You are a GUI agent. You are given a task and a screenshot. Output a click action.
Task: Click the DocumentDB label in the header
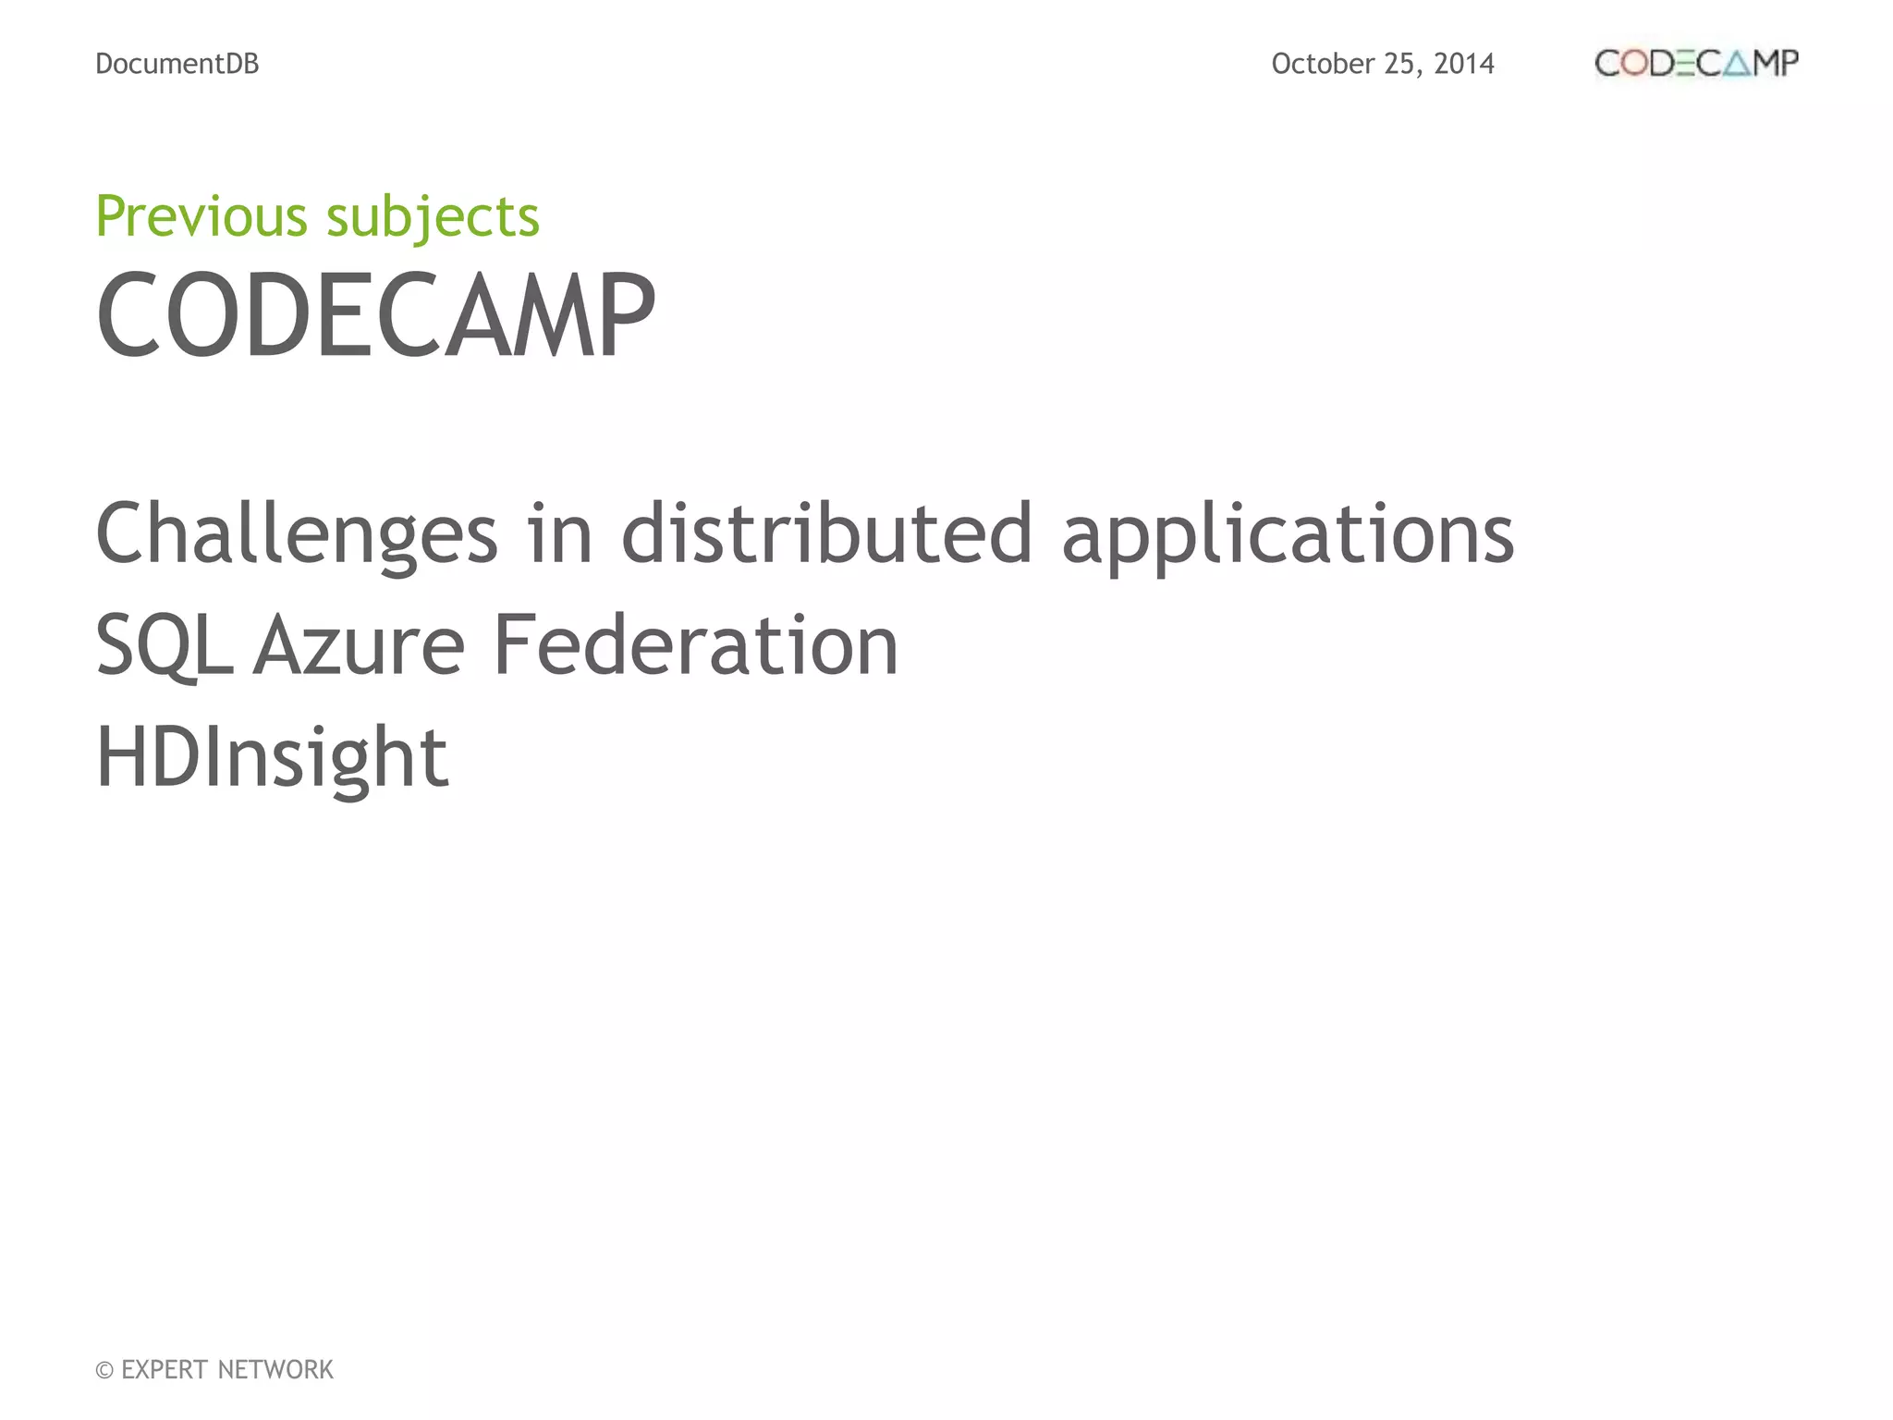(177, 64)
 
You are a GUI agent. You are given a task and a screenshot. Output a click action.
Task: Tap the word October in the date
(1323, 64)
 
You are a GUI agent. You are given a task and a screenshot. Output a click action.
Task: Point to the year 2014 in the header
(1464, 64)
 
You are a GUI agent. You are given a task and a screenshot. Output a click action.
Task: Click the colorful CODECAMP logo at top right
(1696, 64)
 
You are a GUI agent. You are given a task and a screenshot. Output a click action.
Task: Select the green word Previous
(202, 216)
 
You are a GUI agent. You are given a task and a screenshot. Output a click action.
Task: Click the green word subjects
(433, 218)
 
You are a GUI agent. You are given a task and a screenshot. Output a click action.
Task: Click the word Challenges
(297, 534)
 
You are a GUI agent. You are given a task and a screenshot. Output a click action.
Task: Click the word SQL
(164, 645)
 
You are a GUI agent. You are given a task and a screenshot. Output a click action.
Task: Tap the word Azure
(359, 645)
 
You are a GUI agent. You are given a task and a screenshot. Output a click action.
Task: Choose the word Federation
(695, 645)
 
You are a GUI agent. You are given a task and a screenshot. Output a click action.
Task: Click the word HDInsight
(272, 758)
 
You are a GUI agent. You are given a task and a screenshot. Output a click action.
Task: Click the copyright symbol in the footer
(104, 1370)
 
